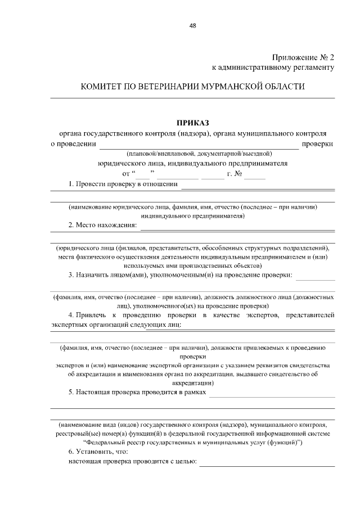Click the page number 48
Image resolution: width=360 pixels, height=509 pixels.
pyautogui.click(x=193, y=26)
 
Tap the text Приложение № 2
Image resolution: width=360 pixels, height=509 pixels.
pyautogui.click(x=303, y=57)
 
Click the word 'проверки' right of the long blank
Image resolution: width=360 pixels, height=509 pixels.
pyautogui.click(x=318, y=143)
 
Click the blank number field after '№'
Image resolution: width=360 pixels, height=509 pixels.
pyautogui.click(x=255, y=177)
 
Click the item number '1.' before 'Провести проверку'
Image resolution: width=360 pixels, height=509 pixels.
pyautogui.click(x=71, y=184)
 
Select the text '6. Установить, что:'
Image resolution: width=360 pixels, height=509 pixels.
pyautogui.click(x=98, y=452)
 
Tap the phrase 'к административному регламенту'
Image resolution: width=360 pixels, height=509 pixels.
pyautogui.click(x=273, y=67)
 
